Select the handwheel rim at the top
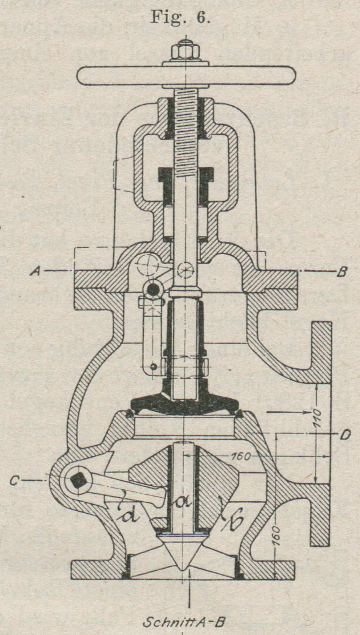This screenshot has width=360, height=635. [x=186, y=76]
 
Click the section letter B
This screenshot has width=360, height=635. [x=342, y=272]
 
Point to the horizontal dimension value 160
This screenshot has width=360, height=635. [x=241, y=456]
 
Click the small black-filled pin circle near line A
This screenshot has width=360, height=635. [x=153, y=290]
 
